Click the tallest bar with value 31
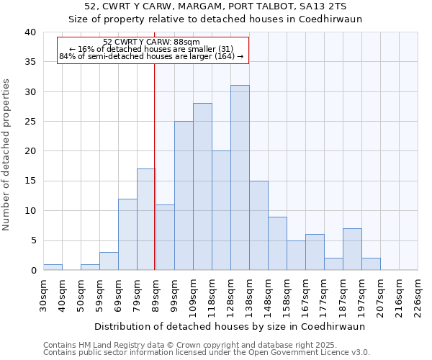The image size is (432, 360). coord(240,178)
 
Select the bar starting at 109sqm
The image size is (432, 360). coord(202,186)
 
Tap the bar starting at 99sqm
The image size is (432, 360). coord(184,196)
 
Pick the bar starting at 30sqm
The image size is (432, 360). coord(53,267)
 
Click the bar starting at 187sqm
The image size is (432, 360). coord(352,249)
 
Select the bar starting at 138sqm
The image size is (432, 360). coord(258,225)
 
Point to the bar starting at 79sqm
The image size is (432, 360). coord(146,220)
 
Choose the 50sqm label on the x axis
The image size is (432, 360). coord(81,294)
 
